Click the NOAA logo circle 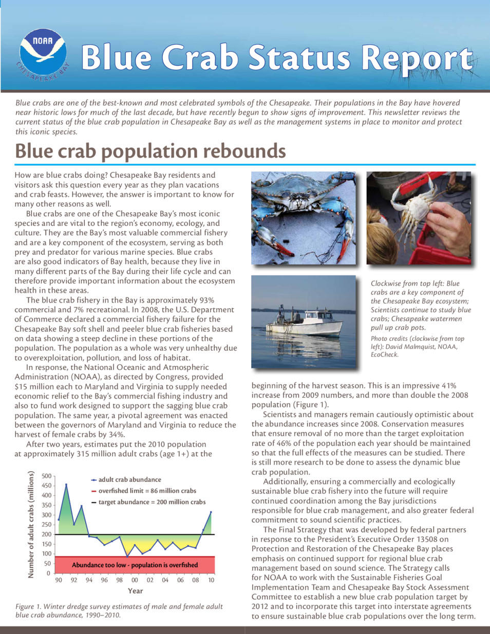click(x=43, y=53)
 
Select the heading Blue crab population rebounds click(x=150, y=151)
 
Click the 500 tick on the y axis click(x=46, y=476)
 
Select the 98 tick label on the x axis click(x=119, y=580)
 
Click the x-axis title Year click(x=135, y=591)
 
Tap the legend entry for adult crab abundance click(x=129, y=480)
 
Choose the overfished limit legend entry click(x=147, y=491)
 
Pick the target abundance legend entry click(x=152, y=502)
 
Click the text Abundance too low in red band click(x=135, y=565)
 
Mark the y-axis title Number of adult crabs click(x=31, y=525)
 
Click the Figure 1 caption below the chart click(x=119, y=610)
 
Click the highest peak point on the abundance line click(x=66, y=484)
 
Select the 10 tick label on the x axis click(x=211, y=580)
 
